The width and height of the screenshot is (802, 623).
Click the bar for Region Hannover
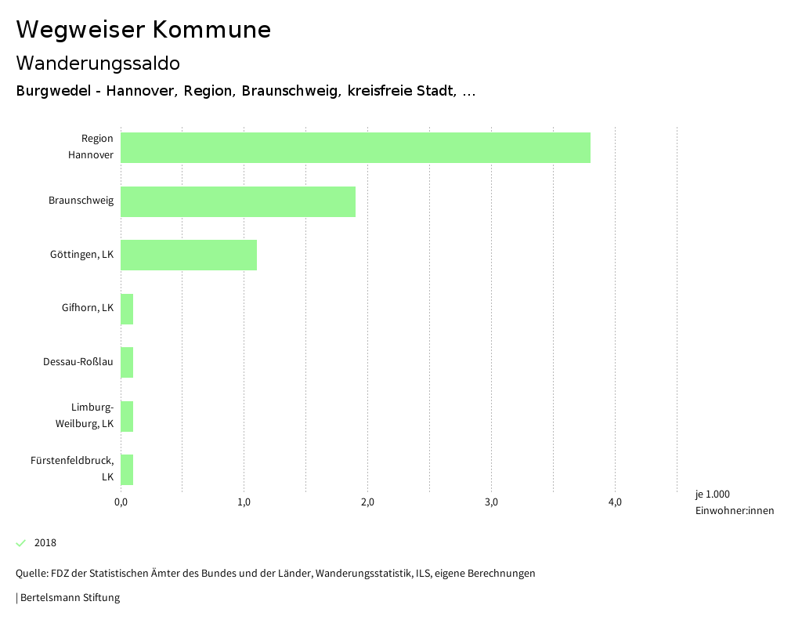355,147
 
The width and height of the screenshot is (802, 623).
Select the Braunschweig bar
237,201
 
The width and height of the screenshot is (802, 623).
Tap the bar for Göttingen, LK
188,255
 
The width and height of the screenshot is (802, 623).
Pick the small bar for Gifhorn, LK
127,309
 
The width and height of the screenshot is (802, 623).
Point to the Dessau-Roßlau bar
127,362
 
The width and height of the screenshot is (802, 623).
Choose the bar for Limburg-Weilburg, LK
127,416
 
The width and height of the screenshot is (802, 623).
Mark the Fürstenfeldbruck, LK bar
127,469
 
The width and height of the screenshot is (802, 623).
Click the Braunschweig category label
81,201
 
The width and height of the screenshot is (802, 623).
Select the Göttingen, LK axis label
81,255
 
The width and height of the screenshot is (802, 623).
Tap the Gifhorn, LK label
87,308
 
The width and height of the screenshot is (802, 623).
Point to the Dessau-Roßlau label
78,362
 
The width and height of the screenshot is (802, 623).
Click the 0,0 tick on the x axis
121,502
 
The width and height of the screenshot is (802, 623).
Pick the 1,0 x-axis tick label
244,502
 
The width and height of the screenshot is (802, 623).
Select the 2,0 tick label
367,502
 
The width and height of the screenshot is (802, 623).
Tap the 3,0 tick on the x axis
491,502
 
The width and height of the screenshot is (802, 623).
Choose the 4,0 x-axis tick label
615,502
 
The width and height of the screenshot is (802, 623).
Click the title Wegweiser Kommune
143,30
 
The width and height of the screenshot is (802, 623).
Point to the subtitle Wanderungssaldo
98,63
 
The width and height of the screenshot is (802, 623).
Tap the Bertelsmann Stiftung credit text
70,598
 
